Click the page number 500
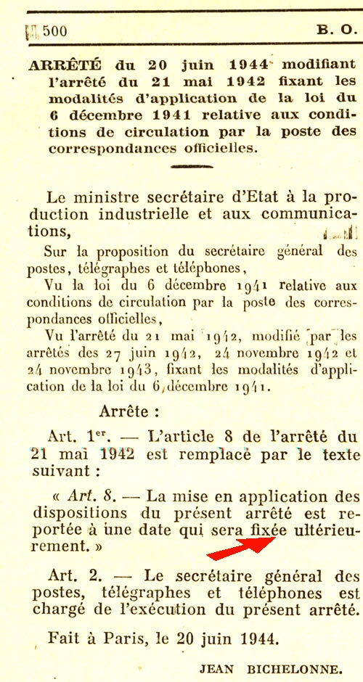[54, 31]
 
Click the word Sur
[57, 252]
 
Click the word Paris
[127, 639]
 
